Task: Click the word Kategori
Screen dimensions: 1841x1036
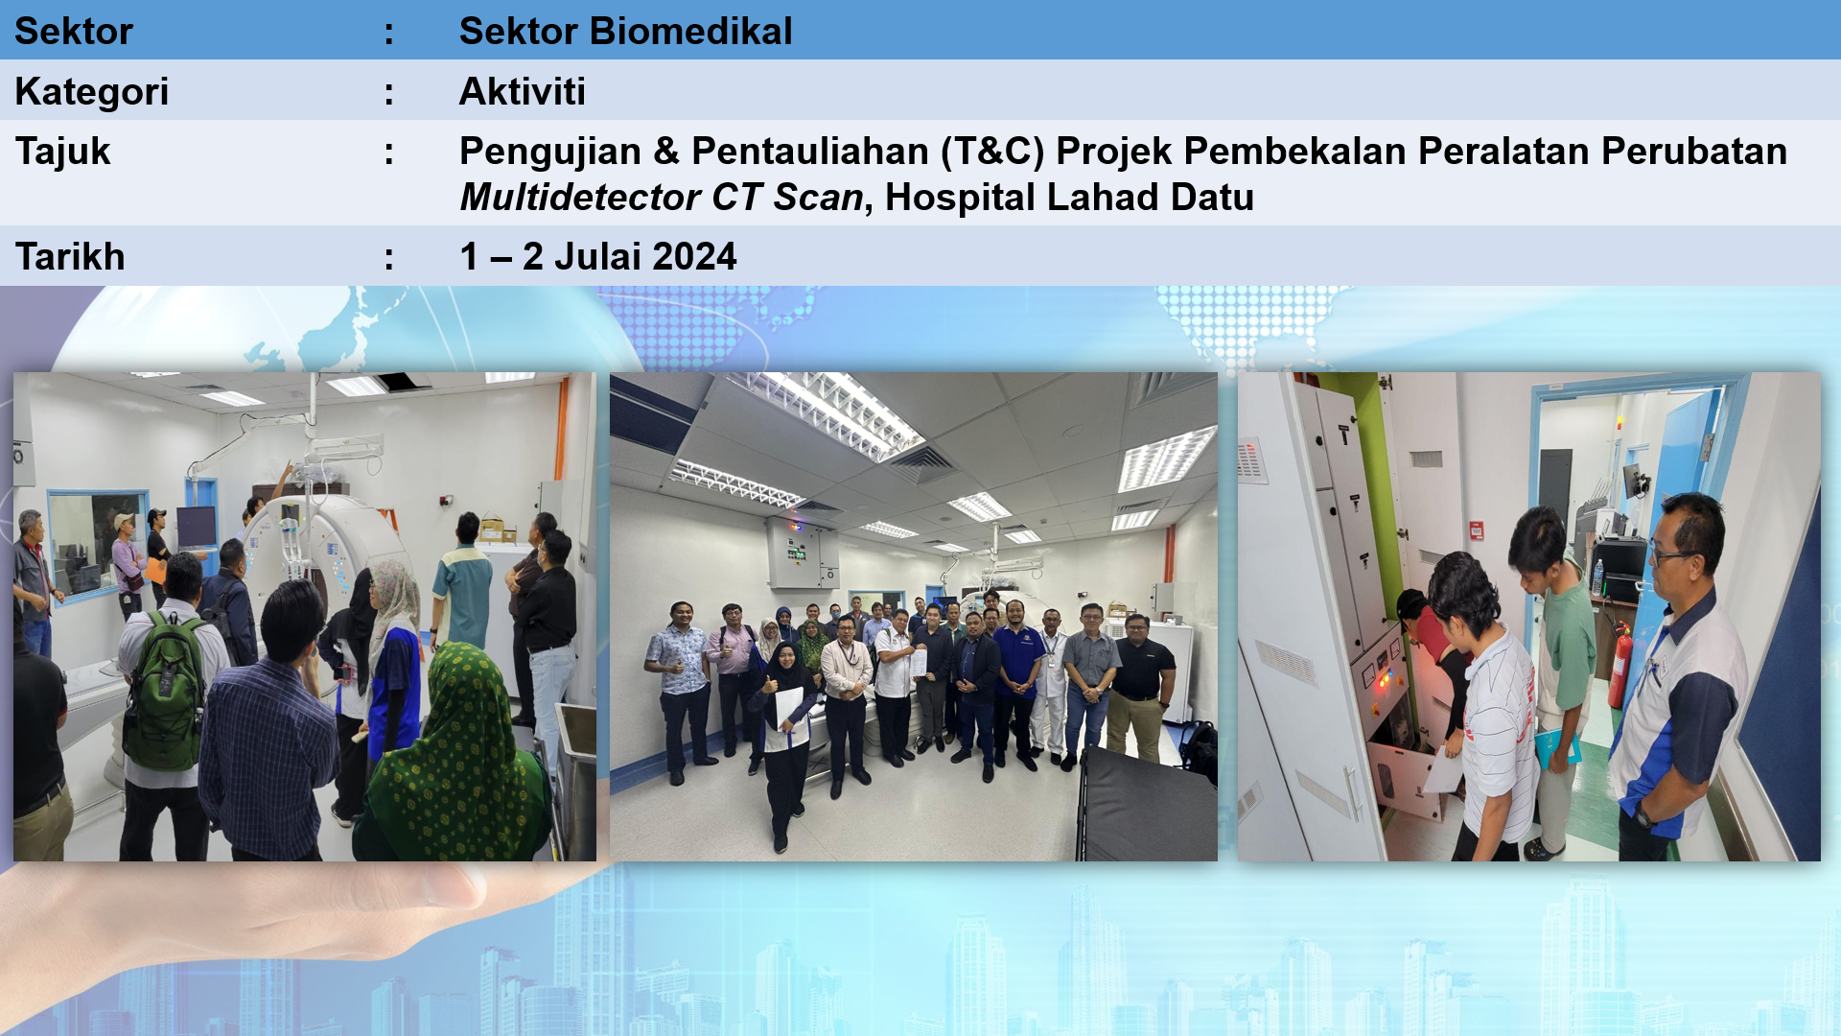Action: pos(92,93)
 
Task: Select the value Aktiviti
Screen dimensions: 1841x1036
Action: pos(523,92)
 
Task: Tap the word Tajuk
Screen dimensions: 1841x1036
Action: pos(63,153)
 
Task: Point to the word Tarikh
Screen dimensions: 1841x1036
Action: pos(70,257)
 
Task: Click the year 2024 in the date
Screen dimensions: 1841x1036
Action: pos(693,257)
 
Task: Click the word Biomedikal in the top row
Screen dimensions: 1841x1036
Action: pos(691,32)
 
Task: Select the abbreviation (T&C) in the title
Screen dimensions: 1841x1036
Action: pos(992,153)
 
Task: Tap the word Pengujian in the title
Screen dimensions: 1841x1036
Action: pos(550,153)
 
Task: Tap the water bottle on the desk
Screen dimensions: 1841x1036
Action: pos(1597,577)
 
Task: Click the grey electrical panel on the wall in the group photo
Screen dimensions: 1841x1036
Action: pos(803,553)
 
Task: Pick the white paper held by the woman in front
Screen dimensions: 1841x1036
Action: pos(789,708)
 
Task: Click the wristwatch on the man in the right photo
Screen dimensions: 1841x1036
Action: pos(1643,817)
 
